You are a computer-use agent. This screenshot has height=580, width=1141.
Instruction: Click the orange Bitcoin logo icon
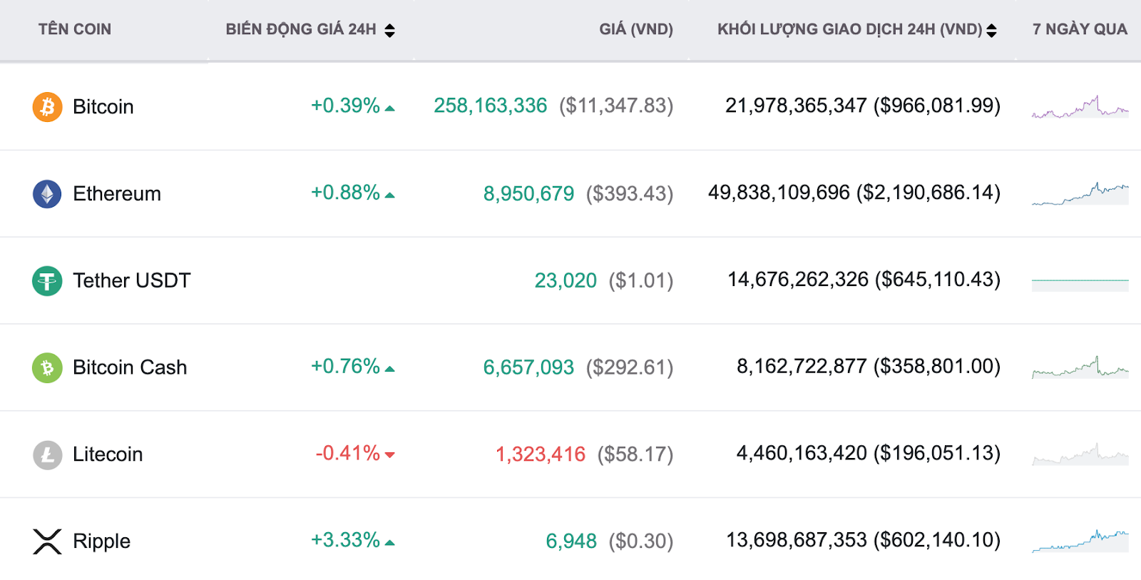point(47,107)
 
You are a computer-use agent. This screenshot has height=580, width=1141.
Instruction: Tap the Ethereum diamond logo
point(47,194)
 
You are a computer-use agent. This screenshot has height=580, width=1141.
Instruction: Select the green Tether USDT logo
point(47,281)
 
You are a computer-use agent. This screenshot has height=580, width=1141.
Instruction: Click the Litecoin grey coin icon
point(47,454)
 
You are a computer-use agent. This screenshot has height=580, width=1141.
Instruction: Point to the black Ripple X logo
point(47,541)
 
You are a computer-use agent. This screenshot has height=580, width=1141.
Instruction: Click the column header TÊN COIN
point(75,29)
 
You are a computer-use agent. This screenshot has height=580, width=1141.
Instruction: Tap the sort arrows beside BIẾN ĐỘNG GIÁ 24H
point(389,30)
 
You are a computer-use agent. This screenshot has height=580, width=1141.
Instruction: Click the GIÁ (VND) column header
point(636,29)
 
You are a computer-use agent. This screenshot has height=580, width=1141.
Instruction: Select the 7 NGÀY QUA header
point(1080,29)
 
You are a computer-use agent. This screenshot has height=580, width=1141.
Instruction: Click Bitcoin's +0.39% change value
point(345,106)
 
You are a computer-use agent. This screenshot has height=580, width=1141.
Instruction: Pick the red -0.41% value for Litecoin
point(348,453)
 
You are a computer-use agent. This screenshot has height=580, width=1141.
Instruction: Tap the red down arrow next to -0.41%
point(390,454)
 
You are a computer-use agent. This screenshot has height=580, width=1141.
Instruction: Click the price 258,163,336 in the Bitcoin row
point(490,106)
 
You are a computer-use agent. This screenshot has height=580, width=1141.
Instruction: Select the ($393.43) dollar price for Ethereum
point(630,193)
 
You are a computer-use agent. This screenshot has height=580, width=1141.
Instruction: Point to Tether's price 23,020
point(566,280)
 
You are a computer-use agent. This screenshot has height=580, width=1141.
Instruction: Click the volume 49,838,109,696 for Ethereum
point(779,193)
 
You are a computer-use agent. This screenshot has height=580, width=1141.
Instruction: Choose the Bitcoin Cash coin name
point(130,367)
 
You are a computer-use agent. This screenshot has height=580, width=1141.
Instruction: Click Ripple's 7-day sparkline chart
point(1080,541)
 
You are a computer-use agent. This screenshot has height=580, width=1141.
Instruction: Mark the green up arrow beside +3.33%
point(390,542)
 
